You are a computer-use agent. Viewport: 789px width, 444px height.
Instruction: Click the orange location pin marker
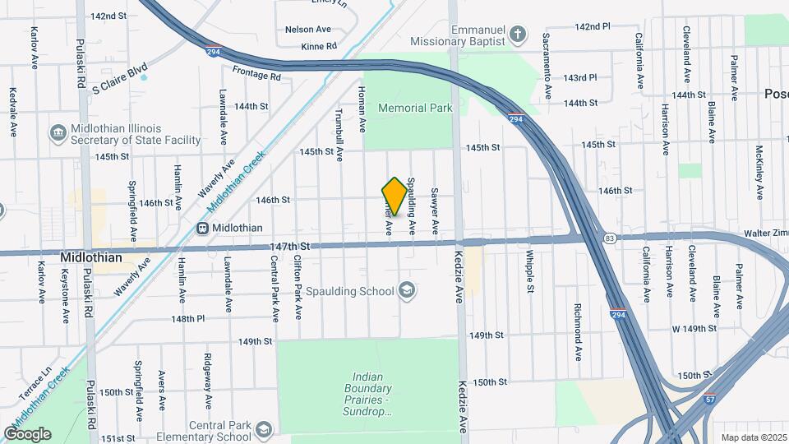[394, 197]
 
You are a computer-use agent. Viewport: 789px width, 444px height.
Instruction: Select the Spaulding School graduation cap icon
[406, 290]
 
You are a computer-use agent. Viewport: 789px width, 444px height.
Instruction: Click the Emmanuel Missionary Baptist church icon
[517, 34]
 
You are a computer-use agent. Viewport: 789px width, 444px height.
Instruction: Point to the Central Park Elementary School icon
[263, 430]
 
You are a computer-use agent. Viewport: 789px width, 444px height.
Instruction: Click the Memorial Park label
[414, 108]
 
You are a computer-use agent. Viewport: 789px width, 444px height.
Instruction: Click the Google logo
[27, 433]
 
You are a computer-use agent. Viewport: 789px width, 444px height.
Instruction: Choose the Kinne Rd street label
[319, 47]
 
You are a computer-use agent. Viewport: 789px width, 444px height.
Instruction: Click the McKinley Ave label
[759, 168]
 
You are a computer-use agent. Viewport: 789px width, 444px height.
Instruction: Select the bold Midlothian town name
[91, 257]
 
